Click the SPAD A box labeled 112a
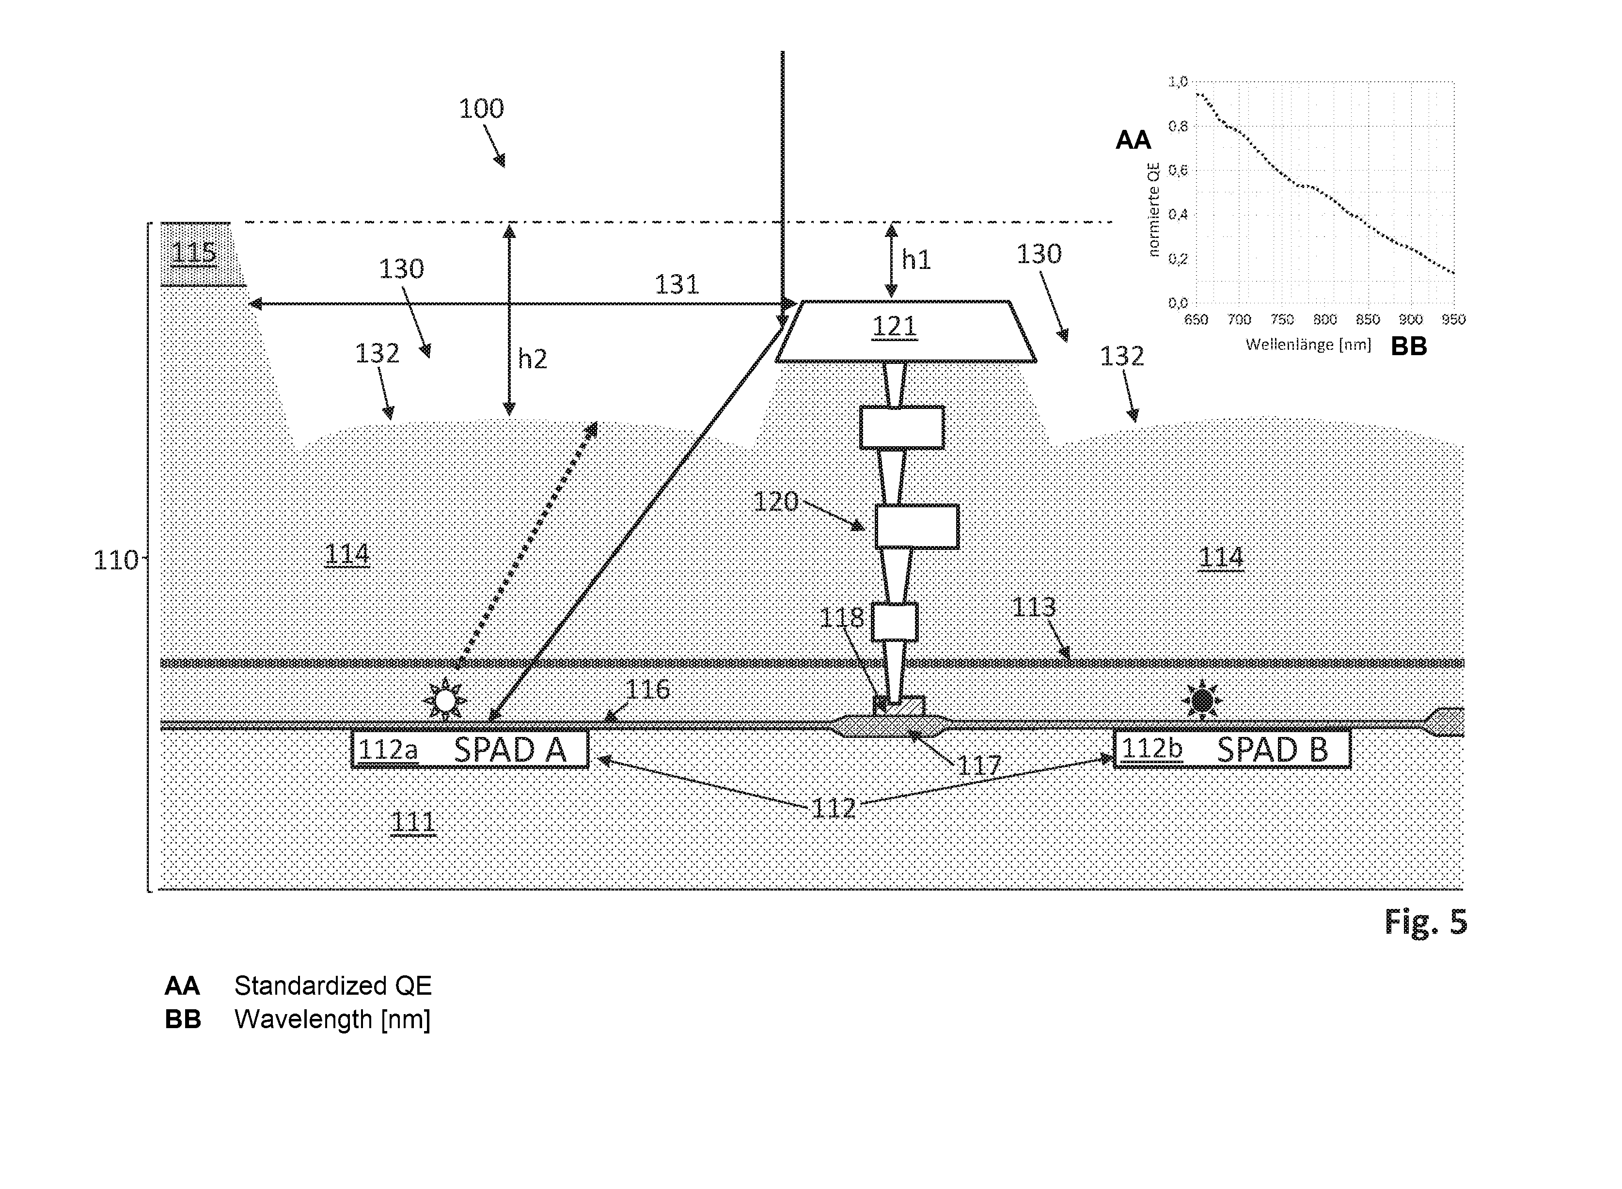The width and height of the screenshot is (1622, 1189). click(x=470, y=749)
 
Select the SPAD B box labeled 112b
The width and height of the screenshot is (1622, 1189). click(x=1232, y=749)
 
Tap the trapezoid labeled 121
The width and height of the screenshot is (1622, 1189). click(x=905, y=331)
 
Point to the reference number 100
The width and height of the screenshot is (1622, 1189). click(x=481, y=109)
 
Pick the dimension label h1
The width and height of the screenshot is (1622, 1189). click(x=916, y=260)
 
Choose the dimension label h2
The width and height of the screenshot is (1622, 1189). click(x=532, y=359)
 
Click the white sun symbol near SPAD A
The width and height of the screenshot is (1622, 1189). click(x=445, y=700)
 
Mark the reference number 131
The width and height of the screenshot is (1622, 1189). click(x=677, y=284)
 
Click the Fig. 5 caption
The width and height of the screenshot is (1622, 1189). click(x=1425, y=922)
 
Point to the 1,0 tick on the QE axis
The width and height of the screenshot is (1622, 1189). click(x=1178, y=82)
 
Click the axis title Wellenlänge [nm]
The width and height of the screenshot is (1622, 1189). click(x=1308, y=345)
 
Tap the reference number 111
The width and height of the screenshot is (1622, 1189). click(x=412, y=822)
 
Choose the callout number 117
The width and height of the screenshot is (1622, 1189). click(x=979, y=765)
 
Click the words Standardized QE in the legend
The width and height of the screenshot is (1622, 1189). click(x=332, y=986)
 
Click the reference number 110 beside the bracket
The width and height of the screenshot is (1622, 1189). click(x=115, y=560)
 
